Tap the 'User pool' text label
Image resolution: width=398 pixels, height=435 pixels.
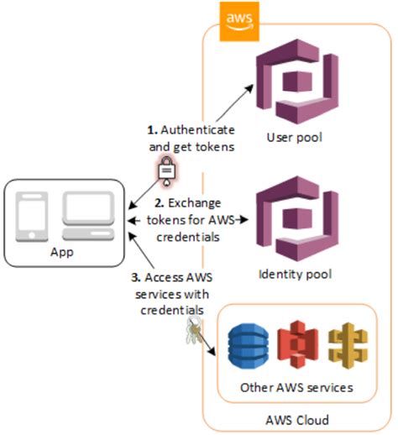pos(295,137)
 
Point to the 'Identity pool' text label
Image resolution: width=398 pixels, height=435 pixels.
pos(295,273)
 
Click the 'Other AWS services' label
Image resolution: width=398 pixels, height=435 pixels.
pos(295,387)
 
